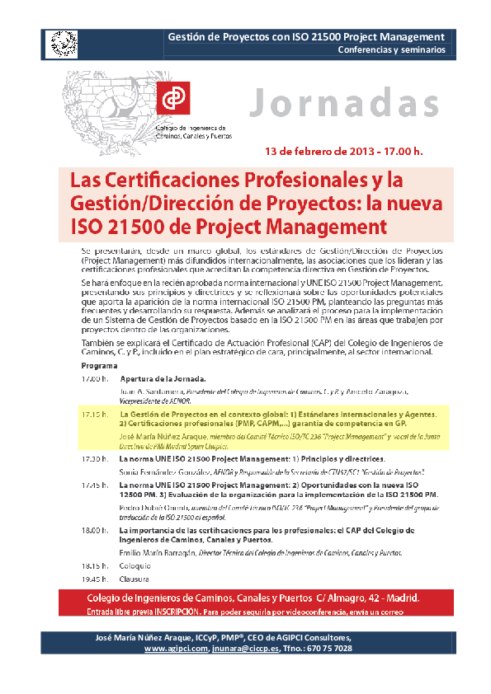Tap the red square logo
175,98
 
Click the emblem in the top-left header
60,42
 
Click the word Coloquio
135,565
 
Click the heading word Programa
99,364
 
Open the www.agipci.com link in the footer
177,649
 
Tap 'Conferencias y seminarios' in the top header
391,49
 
